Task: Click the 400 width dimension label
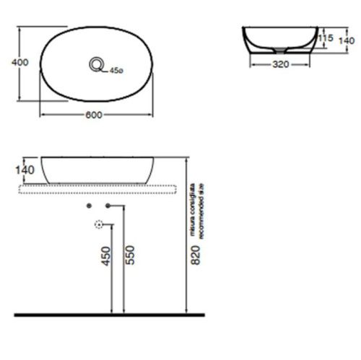[x=21, y=62]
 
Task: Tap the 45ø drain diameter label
[x=116, y=71]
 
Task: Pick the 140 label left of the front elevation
[x=25, y=169]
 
